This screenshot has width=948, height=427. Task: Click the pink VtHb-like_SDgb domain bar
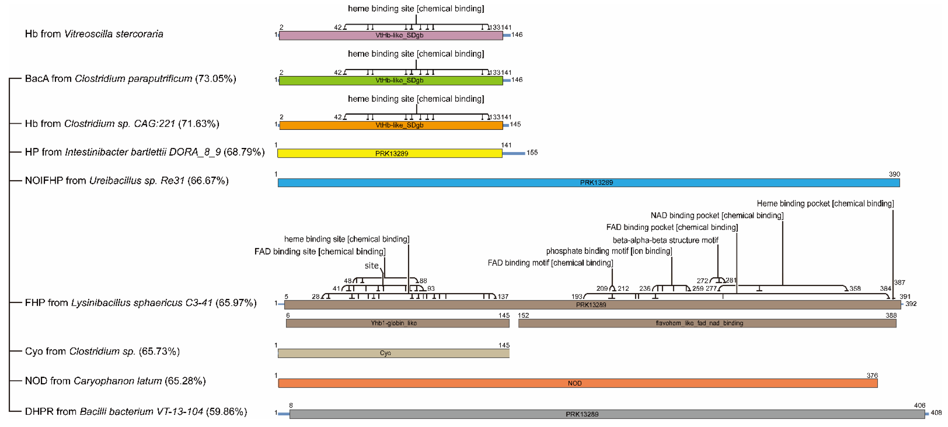tap(391, 35)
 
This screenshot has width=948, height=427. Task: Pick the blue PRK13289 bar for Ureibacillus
tap(589, 182)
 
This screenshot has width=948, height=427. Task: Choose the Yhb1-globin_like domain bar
tap(398, 323)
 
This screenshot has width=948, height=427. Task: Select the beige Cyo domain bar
tap(393, 353)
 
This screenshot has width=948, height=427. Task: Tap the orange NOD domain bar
tap(578, 383)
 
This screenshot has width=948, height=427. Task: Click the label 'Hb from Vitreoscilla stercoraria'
tap(94, 34)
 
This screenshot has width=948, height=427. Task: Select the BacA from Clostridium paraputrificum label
tap(130, 79)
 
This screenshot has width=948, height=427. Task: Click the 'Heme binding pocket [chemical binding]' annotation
tap(825, 203)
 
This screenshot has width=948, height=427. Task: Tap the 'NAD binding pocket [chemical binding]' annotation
tap(717, 216)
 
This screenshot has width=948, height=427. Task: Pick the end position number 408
tap(936, 413)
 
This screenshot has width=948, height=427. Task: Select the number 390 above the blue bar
tap(894, 174)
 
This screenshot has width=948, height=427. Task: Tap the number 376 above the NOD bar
tap(872, 376)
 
